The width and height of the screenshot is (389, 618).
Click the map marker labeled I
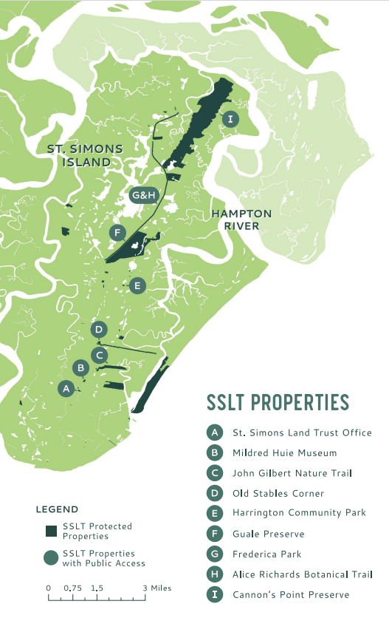(231, 119)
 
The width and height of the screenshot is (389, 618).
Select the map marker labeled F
(116, 233)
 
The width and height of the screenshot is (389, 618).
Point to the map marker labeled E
(137, 285)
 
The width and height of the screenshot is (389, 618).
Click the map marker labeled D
(99, 330)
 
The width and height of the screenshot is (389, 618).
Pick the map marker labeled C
(100, 355)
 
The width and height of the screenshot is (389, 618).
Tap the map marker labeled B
(83, 367)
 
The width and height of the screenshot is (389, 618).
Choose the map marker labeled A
(66, 387)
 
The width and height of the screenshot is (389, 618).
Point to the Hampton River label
(241, 220)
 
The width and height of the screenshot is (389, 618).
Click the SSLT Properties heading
(277, 403)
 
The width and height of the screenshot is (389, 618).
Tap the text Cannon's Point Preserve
(290, 594)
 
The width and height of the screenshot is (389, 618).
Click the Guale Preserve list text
(267, 533)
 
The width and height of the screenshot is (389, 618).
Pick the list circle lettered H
(215, 574)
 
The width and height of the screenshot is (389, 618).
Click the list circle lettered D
(215, 493)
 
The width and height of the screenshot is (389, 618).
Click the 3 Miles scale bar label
(156, 588)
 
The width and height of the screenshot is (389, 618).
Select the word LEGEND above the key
(57, 509)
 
